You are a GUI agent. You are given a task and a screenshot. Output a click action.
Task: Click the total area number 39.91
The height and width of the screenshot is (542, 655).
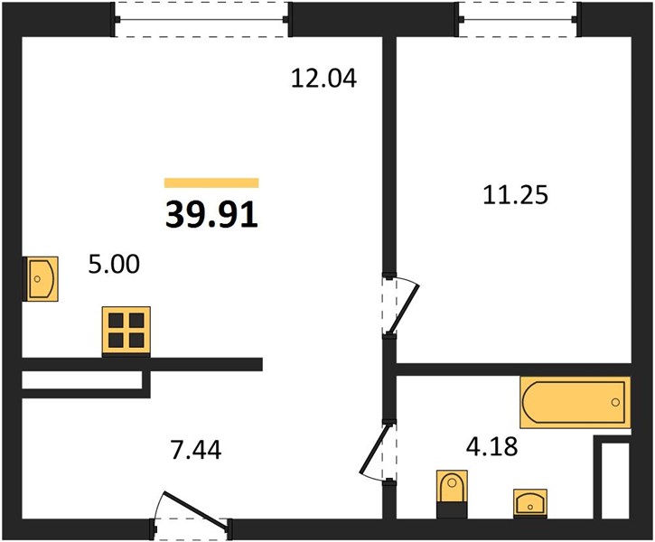coord(211,215)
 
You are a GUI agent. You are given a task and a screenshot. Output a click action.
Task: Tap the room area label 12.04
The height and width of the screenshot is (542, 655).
coord(323,79)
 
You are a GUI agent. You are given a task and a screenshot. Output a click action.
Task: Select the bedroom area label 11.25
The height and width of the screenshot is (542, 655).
coord(515,195)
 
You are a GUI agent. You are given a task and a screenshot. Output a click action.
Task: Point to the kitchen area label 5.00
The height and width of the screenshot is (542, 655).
coord(114,265)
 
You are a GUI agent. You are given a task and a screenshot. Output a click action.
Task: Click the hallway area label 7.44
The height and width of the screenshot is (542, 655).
coord(196,450)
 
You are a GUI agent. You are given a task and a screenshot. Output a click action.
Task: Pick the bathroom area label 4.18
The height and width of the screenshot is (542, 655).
coord(491,446)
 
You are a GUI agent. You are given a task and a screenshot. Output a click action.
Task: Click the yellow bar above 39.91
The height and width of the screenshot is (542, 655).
coord(211,182)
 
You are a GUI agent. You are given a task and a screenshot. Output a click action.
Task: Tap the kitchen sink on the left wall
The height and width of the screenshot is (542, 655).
coord(40,279)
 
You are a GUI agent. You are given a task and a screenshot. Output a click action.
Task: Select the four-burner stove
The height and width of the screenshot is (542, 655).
coord(126,332)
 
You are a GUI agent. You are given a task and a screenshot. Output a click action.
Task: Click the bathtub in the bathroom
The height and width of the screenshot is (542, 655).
coord(575,402)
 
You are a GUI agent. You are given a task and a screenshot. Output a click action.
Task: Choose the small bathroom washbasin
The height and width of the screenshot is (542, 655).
coord(530,503)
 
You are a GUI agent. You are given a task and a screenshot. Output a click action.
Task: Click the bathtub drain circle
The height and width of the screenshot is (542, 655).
coord(615,402)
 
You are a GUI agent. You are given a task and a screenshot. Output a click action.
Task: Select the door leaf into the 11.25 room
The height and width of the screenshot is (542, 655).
coord(404,308)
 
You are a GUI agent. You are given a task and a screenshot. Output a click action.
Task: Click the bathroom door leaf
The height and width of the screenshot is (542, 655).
coord(377,450)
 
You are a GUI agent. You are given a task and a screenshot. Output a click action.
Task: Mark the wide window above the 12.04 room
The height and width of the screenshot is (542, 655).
coord(201,19)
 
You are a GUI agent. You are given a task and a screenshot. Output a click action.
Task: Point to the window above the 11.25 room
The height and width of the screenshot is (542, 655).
coord(518,19)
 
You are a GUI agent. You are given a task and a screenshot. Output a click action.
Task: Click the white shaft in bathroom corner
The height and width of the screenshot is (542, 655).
coord(615,481)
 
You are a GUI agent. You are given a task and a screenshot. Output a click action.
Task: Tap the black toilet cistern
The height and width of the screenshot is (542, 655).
coord(452,510)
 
